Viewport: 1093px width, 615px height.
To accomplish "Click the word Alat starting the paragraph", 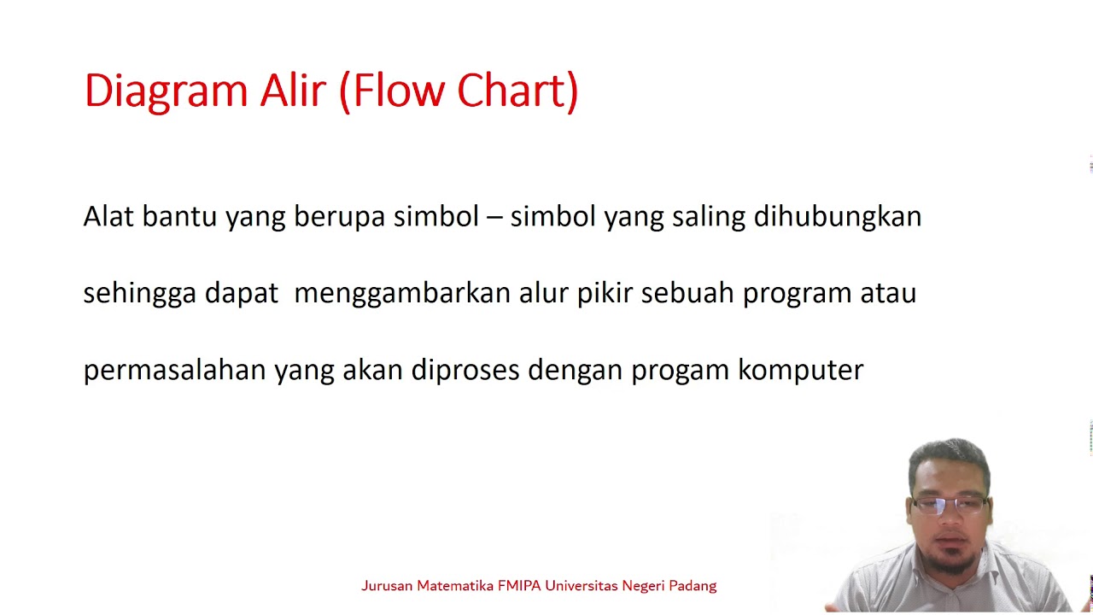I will [x=108, y=217].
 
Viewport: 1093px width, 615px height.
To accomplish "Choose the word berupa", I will [x=339, y=217].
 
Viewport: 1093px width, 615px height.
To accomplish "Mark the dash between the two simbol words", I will [x=494, y=217].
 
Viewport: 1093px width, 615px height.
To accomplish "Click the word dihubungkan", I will [x=837, y=217].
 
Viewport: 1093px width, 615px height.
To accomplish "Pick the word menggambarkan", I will [x=401, y=294].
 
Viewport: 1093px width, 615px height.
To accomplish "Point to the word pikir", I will [x=605, y=294].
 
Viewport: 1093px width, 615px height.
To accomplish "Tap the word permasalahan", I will [x=174, y=371].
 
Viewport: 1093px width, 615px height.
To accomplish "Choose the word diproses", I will [x=465, y=371].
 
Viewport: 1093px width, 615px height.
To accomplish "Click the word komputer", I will [x=801, y=371].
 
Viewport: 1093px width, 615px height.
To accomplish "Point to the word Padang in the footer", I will [x=693, y=586].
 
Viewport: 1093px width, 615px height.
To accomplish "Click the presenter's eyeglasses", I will [x=948, y=503].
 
